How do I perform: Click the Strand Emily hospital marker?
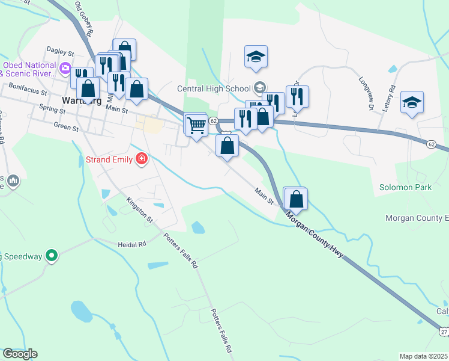tap(142, 159)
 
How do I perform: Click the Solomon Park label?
tap(405, 188)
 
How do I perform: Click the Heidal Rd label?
tap(132, 244)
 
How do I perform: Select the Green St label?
tap(66, 127)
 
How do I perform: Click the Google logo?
tap(20, 353)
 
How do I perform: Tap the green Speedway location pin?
tap(52, 256)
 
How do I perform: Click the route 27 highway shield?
tap(443, 332)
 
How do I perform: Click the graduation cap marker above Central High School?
tap(256, 57)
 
